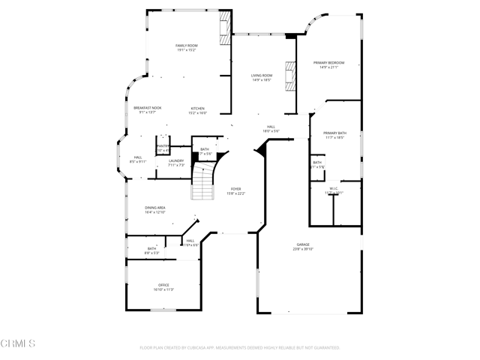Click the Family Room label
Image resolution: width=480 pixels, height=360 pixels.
pyautogui.click(x=186, y=46)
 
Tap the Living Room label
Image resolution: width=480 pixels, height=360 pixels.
pyautogui.click(x=262, y=76)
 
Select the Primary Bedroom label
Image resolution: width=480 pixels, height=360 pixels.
pyautogui.click(x=331, y=62)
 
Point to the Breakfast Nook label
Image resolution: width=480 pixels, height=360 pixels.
pyautogui.click(x=144, y=108)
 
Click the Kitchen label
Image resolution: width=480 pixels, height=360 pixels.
pyautogui.click(x=197, y=108)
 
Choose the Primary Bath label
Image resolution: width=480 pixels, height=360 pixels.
pyautogui.click(x=335, y=133)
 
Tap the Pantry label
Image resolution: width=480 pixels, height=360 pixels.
pyautogui.click(x=162, y=146)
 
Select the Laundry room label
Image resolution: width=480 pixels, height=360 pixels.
pyautogui.click(x=176, y=160)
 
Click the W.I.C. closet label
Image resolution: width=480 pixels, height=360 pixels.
pyautogui.click(x=334, y=188)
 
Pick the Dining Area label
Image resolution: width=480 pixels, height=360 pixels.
pyautogui.click(x=155, y=207)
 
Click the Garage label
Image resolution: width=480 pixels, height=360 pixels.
pyautogui.click(x=303, y=244)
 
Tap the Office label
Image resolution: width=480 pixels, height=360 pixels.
pyautogui.click(x=163, y=285)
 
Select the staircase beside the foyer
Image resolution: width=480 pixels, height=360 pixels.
pyautogui.click(x=202, y=184)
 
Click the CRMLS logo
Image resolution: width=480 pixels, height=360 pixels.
pyautogui.click(x=19, y=343)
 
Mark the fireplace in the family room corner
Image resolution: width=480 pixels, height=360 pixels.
pyautogui.click(x=223, y=28)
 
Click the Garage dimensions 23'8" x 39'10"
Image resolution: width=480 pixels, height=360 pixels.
pyautogui.click(x=303, y=249)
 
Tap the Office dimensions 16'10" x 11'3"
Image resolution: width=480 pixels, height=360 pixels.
pyautogui.click(x=163, y=289)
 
